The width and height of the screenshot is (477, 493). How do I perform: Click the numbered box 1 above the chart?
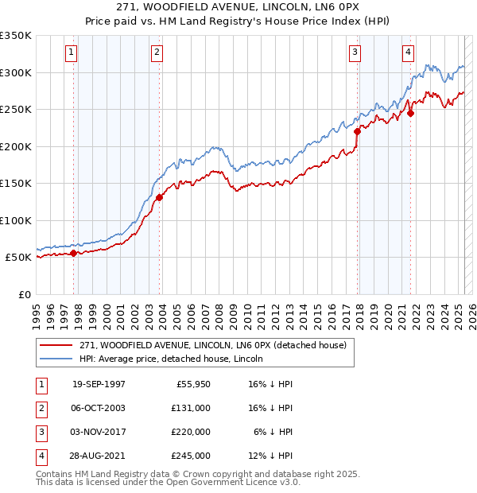click(x=72, y=53)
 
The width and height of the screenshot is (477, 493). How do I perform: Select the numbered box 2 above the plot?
click(x=157, y=53)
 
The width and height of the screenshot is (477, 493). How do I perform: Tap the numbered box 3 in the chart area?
click(x=354, y=53)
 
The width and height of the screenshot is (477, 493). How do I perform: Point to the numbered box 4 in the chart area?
click(x=408, y=53)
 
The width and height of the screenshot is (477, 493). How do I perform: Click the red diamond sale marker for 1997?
click(x=74, y=253)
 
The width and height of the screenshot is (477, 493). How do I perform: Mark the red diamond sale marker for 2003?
click(x=159, y=197)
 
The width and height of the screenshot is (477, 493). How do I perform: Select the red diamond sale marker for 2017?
click(x=357, y=132)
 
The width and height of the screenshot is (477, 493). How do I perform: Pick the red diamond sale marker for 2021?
click(x=411, y=113)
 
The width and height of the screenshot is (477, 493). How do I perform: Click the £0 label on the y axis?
click(x=24, y=294)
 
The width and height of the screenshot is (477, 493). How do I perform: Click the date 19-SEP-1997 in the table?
click(x=99, y=384)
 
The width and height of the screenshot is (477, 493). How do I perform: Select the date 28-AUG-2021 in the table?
click(x=99, y=456)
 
